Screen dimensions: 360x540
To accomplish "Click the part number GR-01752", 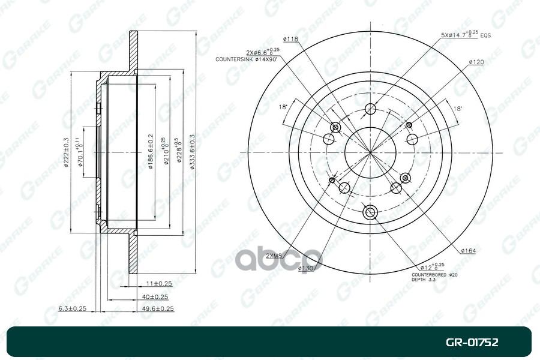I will tap(472, 343).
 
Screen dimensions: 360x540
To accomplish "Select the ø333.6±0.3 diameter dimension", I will tap(192, 152).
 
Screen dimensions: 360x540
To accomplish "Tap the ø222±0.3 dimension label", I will tap(66, 152).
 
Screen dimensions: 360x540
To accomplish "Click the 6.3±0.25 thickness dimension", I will tap(73, 308).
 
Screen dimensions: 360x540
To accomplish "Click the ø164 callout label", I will tap(468, 250).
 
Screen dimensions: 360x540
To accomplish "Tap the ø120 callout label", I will tap(476, 62).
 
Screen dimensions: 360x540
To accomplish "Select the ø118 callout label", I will tap(291, 39).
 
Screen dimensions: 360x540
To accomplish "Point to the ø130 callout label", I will tap(307, 268).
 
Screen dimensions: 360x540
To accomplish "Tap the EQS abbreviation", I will tap(485, 36).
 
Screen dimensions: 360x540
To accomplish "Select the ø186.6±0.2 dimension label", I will tap(151, 152).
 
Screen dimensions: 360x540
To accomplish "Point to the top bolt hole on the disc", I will tap(370, 109).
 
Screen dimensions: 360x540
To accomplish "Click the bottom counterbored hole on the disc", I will tap(370, 211).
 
